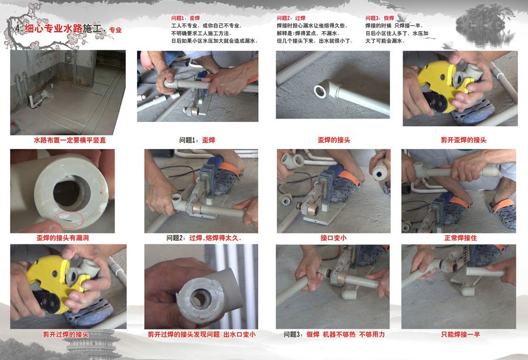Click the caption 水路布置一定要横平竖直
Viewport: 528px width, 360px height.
(x=70, y=140)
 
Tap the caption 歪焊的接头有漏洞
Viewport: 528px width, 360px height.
(x=63, y=238)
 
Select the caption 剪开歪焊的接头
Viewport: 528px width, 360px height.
(x=463, y=140)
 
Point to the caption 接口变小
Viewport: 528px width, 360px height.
(x=333, y=238)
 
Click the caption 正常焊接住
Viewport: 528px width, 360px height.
(x=461, y=238)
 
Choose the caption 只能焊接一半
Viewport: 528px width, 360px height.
(x=461, y=334)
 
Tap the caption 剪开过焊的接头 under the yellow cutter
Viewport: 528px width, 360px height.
(x=66, y=334)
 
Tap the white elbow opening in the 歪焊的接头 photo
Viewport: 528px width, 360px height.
(x=320, y=91)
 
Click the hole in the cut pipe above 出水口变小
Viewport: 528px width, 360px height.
(x=199, y=298)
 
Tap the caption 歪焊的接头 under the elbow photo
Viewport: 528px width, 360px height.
(x=334, y=140)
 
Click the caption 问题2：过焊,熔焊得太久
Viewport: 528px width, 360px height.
(x=204, y=238)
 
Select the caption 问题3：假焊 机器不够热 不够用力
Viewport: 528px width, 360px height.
(x=334, y=334)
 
